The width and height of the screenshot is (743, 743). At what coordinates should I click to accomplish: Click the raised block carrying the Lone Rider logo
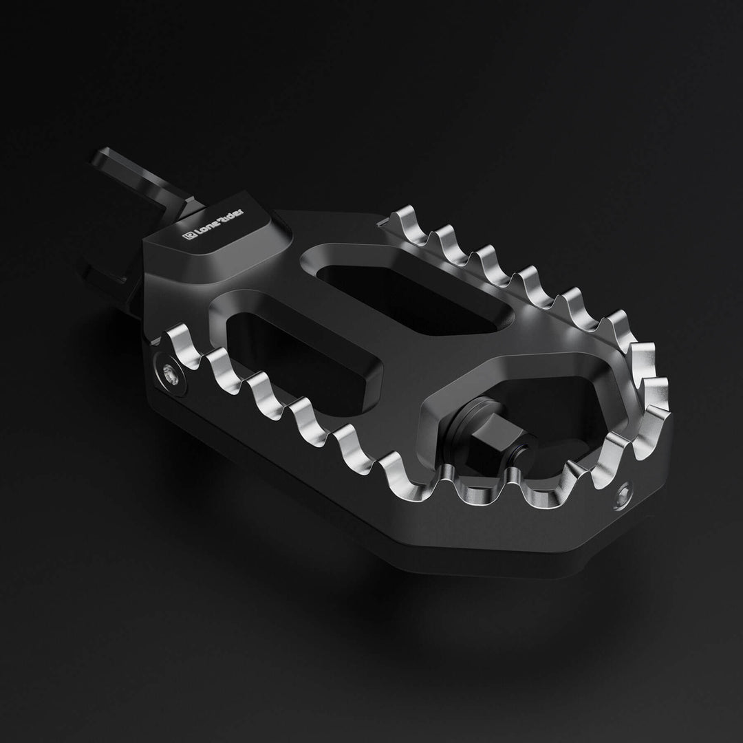(220, 241)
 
